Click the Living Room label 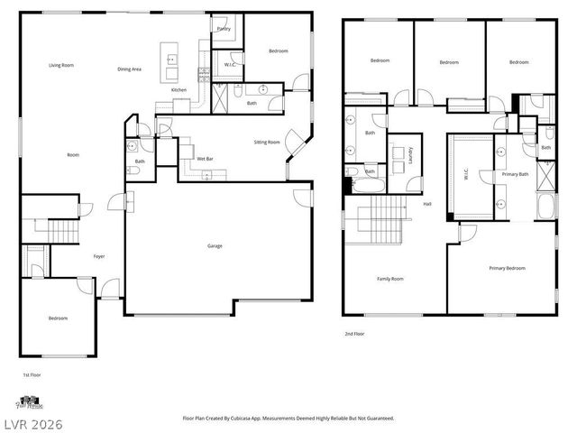pyautogui.click(x=61, y=65)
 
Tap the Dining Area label pyautogui.click(x=129, y=69)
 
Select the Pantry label pyautogui.click(x=224, y=29)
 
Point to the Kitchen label pyautogui.click(x=179, y=90)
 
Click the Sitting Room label pyautogui.click(x=267, y=143)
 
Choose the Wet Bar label pyautogui.click(x=205, y=159)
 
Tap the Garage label pyautogui.click(x=215, y=245)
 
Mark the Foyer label pyautogui.click(x=99, y=256)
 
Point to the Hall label pyautogui.click(x=427, y=204)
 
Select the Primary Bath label pyautogui.click(x=516, y=174)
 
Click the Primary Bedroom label pyautogui.click(x=508, y=268)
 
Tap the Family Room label pyautogui.click(x=390, y=279)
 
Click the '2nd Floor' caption pyautogui.click(x=353, y=333)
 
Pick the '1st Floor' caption pyautogui.click(x=32, y=373)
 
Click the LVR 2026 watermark pyautogui.click(x=32, y=421)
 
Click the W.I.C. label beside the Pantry pyautogui.click(x=230, y=66)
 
